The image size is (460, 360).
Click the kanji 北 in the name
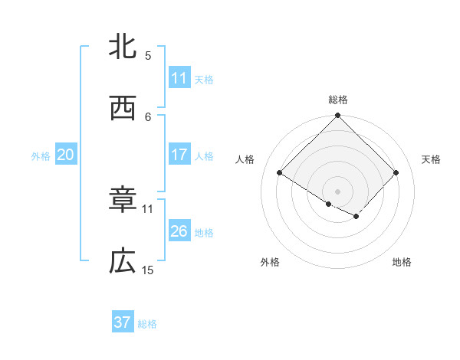(x=123, y=47)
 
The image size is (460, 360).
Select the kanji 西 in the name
(x=123, y=108)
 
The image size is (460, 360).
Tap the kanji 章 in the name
(x=123, y=201)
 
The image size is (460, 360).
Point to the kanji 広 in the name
(x=123, y=262)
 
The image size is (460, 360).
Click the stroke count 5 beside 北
(x=148, y=55)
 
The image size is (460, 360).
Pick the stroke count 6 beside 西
(x=148, y=116)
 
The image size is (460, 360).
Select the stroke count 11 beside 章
(x=148, y=208)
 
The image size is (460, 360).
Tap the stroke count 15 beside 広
(x=148, y=270)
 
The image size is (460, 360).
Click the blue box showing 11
(x=179, y=78)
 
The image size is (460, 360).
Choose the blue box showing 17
(x=179, y=155)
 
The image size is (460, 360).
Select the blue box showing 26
(x=179, y=231)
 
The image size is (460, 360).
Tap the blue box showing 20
(x=66, y=155)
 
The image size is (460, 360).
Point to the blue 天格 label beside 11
(x=204, y=79)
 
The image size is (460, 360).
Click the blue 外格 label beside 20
(x=41, y=155)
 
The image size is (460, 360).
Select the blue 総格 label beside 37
(x=147, y=323)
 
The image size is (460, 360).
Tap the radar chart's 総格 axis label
(x=338, y=100)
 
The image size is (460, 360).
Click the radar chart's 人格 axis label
(x=245, y=159)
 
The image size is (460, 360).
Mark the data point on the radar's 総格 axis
(x=338, y=116)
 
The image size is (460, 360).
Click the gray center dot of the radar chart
(x=338, y=191)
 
